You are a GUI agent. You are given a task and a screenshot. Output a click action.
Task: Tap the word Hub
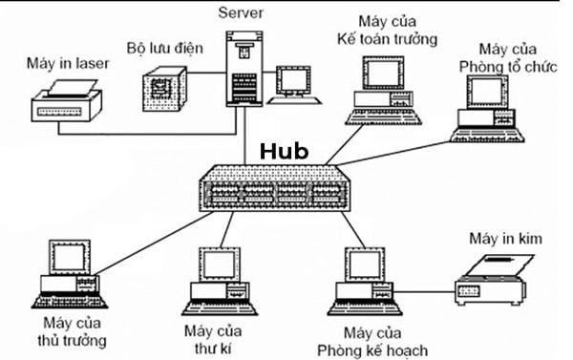tap(284, 150)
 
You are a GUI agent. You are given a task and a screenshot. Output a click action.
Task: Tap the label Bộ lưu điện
tap(166, 47)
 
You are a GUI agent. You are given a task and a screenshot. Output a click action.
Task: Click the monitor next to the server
tap(294, 85)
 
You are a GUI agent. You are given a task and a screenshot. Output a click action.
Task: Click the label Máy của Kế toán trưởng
tap(385, 30)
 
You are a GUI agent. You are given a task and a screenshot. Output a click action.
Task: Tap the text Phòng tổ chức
tap(508, 65)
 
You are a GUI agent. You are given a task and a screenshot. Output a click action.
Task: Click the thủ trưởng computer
tap(69, 272)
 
